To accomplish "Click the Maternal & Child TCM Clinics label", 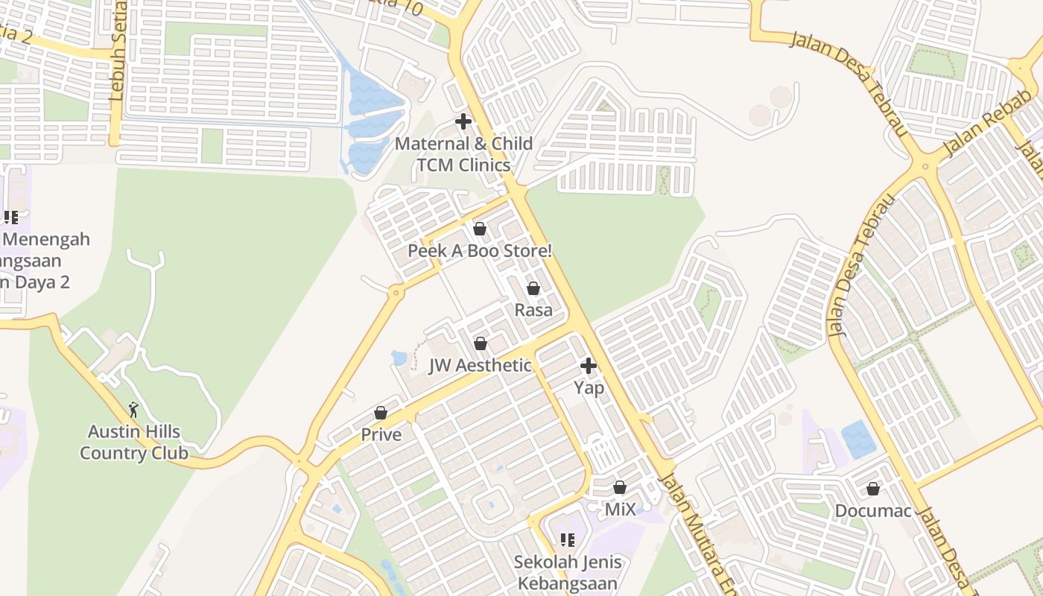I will (x=463, y=154).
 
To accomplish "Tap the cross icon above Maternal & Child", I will (x=463, y=121).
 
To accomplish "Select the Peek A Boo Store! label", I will (x=480, y=251).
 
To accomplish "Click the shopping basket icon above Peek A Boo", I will (x=480, y=228).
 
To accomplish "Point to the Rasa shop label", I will (x=533, y=310).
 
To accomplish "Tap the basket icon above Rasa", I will (x=533, y=288).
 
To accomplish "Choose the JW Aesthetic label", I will (x=481, y=366).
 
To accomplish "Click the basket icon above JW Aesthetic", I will (x=481, y=343).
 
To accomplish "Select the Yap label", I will (x=589, y=387).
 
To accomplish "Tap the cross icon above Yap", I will (x=589, y=366).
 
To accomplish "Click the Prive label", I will (x=381, y=434).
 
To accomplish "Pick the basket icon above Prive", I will (x=381, y=413).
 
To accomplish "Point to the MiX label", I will (x=620, y=510).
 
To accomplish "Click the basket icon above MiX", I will (x=620, y=487).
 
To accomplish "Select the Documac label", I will (x=873, y=511).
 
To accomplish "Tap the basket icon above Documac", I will (x=873, y=489).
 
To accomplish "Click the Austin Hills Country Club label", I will (x=134, y=442).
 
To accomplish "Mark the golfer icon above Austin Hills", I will (x=134, y=410).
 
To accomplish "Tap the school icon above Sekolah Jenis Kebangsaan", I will (x=567, y=539).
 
